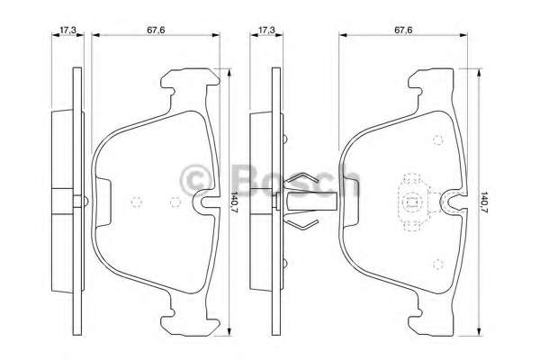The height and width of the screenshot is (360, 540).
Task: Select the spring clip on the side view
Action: point(305,201)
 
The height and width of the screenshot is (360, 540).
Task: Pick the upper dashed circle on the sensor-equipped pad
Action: point(437,139)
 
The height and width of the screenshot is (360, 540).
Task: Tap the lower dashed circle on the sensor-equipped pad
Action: point(437,264)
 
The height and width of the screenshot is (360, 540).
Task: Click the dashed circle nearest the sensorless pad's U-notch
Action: point(175,202)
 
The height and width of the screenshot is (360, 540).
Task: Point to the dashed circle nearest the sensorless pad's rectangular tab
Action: point(137,202)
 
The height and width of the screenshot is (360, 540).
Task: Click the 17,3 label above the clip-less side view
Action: point(67,30)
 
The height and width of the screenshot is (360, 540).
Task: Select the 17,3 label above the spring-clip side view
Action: point(266,30)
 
